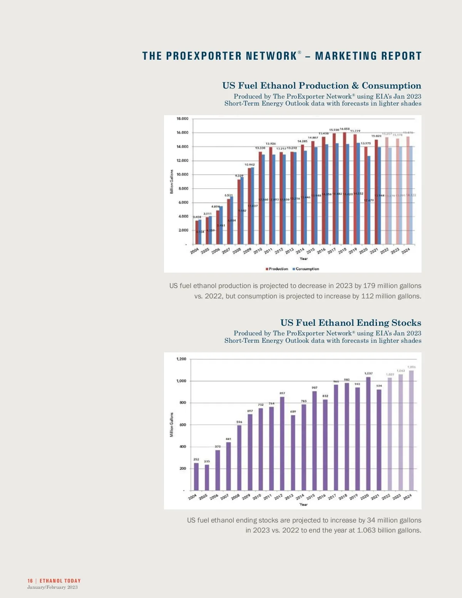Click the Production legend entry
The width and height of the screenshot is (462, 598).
click(277, 269)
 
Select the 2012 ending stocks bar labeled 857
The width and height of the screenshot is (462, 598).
click(282, 443)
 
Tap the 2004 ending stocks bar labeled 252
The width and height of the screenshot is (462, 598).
click(196, 476)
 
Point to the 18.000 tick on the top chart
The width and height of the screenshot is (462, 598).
click(182, 119)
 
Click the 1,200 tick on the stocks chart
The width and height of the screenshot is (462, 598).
click(181, 359)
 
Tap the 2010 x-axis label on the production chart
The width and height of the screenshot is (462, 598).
click(258, 251)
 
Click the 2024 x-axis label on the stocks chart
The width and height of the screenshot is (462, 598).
click(407, 497)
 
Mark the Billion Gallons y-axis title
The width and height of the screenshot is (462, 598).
click(172, 182)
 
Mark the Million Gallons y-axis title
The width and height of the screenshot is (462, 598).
click(172, 425)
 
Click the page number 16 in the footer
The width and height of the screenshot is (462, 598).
click(30, 581)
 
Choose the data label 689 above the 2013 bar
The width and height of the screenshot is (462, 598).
click(293, 412)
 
